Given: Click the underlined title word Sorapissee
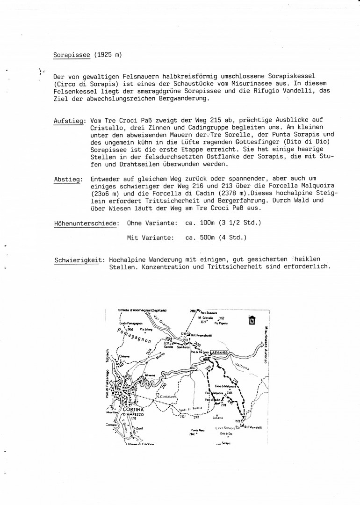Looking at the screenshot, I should [x=72, y=55].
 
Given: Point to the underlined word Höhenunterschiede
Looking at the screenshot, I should [x=86, y=224].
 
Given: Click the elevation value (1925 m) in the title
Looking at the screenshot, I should [x=108, y=55].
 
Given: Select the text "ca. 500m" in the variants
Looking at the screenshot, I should [x=202, y=238].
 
